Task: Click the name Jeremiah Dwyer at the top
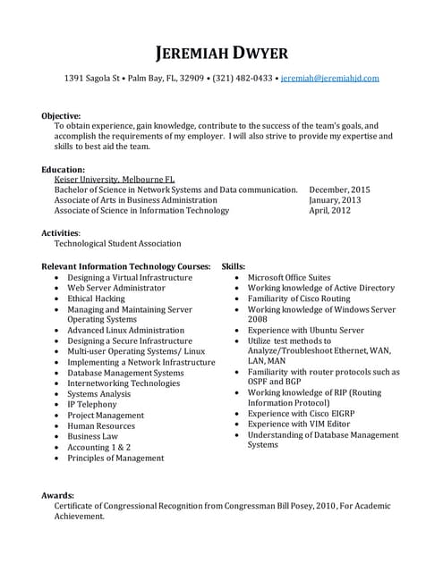point(221,52)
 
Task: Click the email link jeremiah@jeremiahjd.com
point(329,79)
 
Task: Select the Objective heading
point(62,115)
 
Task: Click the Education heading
point(64,169)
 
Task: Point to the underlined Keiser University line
point(115,180)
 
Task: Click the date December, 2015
point(339,190)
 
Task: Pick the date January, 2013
point(335,200)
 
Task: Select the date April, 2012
point(329,211)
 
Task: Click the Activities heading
point(61,232)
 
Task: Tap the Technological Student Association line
point(117,243)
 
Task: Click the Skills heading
point(234,266)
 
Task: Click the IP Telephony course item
point(92,405)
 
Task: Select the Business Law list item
point(93,436)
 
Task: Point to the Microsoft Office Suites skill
point(289,277)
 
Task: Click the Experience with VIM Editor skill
point(299,425)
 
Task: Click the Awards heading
point(58,494)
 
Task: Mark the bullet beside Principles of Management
point(57,458)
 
